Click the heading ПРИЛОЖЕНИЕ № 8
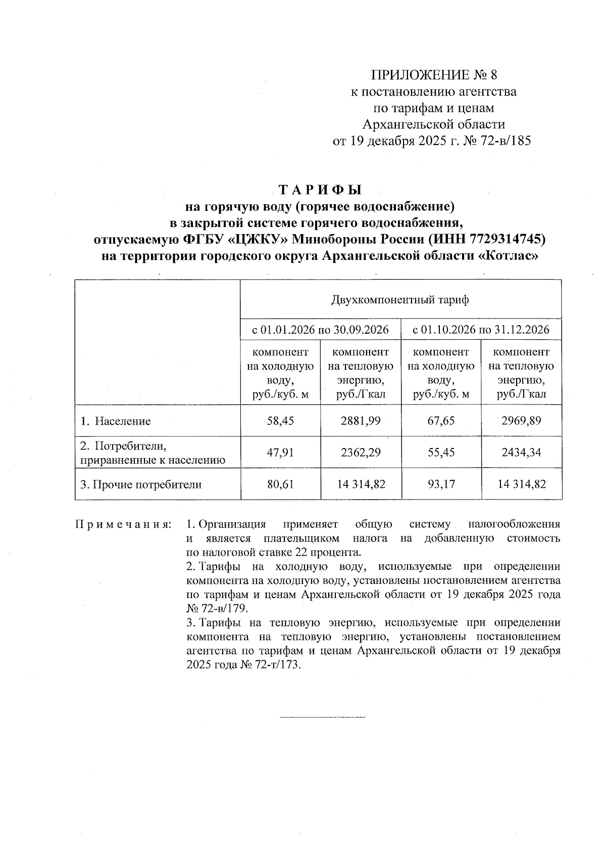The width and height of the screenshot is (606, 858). coord(434,76)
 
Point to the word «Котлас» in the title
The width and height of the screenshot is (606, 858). coord(508,256)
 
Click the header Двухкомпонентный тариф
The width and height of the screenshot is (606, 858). coord(400,300)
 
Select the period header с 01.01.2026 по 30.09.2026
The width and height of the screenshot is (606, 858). coord(321,330)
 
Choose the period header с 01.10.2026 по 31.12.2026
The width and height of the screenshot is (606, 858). coord(481,330)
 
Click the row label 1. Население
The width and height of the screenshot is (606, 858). coord(116,421)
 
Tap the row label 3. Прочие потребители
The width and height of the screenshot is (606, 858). coord(141,484)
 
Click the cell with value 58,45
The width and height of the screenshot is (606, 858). coord(280,421)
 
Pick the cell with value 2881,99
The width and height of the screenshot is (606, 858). coord(361,421)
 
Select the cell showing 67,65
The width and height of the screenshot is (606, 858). coord(441,421)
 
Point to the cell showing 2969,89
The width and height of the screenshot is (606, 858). coord(521,421)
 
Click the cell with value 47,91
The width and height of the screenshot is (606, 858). coord(280,452)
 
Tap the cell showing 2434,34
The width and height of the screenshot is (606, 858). coord(521,452)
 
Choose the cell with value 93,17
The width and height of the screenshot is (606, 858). coord(441,484)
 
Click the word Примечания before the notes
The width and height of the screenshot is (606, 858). coord(123,524)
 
